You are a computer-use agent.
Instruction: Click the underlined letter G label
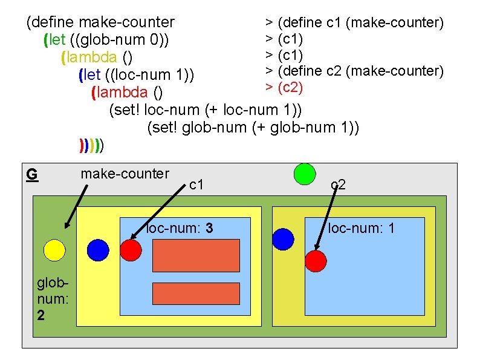(32, 175)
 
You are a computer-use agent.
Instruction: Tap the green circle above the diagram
(305, 174)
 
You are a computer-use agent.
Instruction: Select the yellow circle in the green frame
(54, 250)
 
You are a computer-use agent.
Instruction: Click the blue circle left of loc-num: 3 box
(98, 250)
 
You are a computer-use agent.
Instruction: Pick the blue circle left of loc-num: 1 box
(283, 239)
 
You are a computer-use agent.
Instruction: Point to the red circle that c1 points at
(131, 250)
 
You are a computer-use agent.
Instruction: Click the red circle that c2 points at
(315, 261)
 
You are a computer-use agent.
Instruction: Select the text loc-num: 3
(179, 229)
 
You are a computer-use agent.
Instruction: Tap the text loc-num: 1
(362, 228)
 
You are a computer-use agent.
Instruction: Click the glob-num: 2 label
(48, 299)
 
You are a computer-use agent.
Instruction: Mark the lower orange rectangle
(188, 293)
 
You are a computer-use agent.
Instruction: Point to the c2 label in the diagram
(338, 185)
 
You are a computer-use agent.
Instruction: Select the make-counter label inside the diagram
(125, 174)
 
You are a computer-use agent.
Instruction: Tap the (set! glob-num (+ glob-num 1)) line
(253, 128)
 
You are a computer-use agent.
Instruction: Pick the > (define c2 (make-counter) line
(355, 71)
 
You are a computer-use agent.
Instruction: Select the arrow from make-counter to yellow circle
(77, 206)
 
